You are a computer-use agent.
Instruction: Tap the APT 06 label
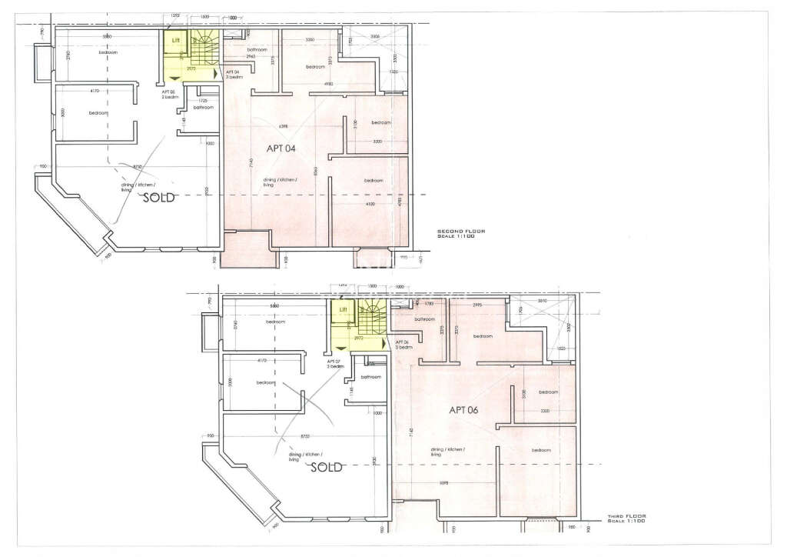click(464, 410)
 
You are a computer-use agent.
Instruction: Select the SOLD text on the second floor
click(161, 198)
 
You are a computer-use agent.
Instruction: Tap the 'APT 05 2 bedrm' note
click(170, 95)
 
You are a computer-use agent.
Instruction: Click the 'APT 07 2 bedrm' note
click(334, 363)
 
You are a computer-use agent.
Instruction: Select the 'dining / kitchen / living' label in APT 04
click(280, 182)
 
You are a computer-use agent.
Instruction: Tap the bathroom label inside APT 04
click(245, 49)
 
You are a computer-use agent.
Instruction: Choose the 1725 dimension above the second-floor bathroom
click(203, 101)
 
